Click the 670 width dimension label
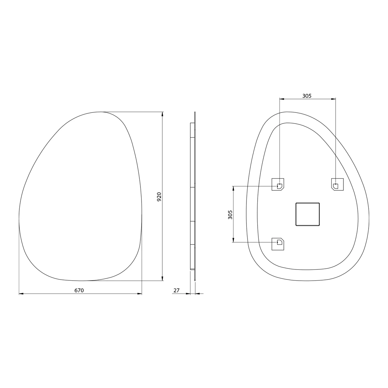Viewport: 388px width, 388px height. tap(79, 290)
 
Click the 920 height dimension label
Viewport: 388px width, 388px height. tap(159, 197)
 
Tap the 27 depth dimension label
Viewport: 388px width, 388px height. tap(176, 290)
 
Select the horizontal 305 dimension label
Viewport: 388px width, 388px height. tap(307, 96)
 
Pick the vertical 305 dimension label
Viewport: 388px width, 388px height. tap(230, 214)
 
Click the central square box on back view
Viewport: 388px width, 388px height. tap(308, 214)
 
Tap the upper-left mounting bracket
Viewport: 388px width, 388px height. tap(278, 184)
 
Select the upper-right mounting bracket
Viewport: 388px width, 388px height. tap(337, 184)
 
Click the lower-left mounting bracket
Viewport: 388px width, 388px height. tap(278, 244)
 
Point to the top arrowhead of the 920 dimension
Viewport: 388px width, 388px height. tap(162, 114)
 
